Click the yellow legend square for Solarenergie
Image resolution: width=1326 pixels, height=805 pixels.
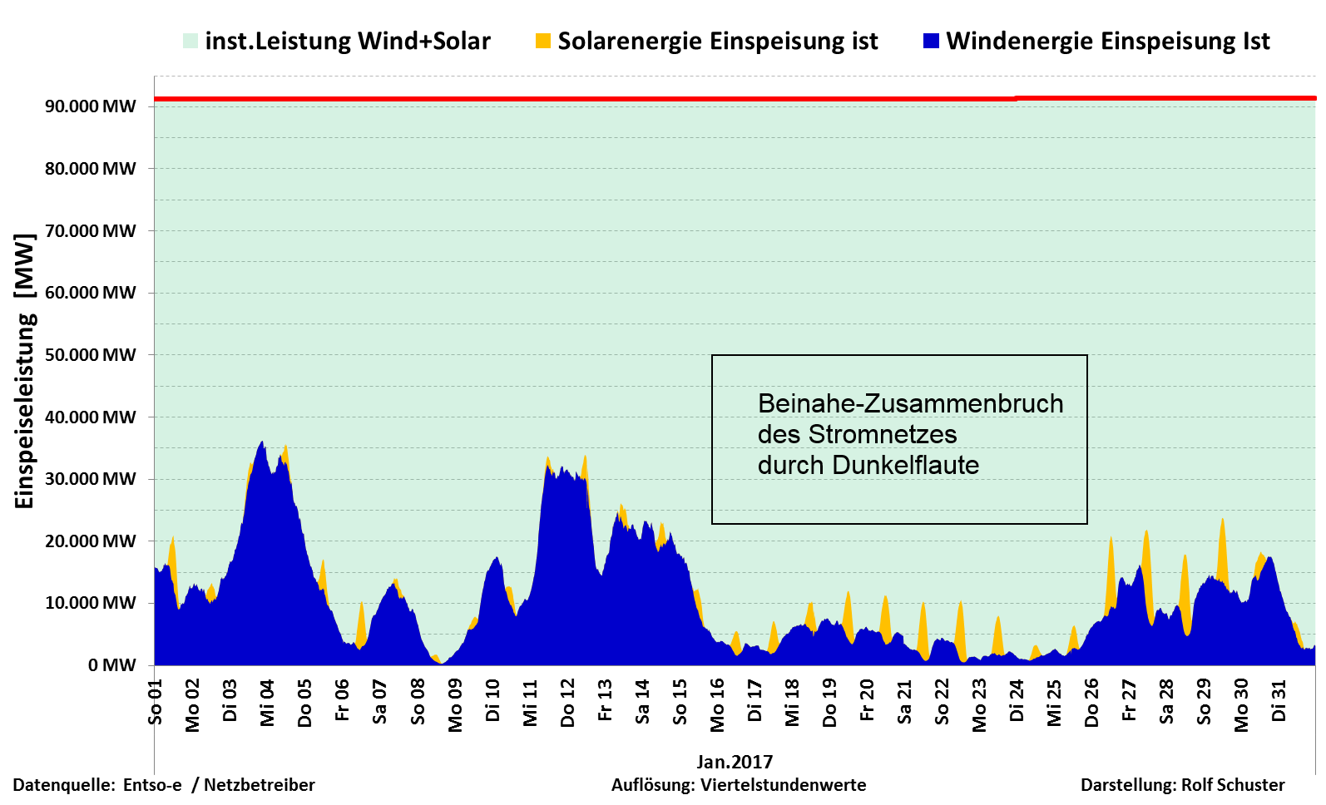[543, 41]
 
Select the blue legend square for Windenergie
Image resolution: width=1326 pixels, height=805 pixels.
[932, 41]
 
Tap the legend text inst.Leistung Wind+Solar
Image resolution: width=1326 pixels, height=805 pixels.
[348, 41]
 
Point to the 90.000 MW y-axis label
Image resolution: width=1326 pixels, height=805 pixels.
[91, 106]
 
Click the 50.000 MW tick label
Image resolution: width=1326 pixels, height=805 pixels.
[91, 355]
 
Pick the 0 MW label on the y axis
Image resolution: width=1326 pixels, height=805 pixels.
[112, 665]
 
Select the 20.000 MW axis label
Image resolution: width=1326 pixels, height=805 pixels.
[91, 541]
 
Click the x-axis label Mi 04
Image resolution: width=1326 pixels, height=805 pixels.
[267, 704]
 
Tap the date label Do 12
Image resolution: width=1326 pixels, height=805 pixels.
[567, 704]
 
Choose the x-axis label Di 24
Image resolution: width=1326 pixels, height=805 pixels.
[1017, 701]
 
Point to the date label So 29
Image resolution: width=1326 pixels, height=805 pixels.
[1204, 702]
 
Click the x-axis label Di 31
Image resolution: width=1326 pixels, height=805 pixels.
[1279, 701]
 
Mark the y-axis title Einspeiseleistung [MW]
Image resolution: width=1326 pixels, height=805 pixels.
[25, 371]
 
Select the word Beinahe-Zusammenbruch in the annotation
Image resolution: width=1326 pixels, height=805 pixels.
[910, 403]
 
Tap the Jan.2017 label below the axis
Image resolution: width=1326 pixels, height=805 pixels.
[735, 762]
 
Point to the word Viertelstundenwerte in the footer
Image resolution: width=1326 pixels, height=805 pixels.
[783, 785]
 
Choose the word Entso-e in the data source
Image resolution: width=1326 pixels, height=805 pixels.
[152, 785]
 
